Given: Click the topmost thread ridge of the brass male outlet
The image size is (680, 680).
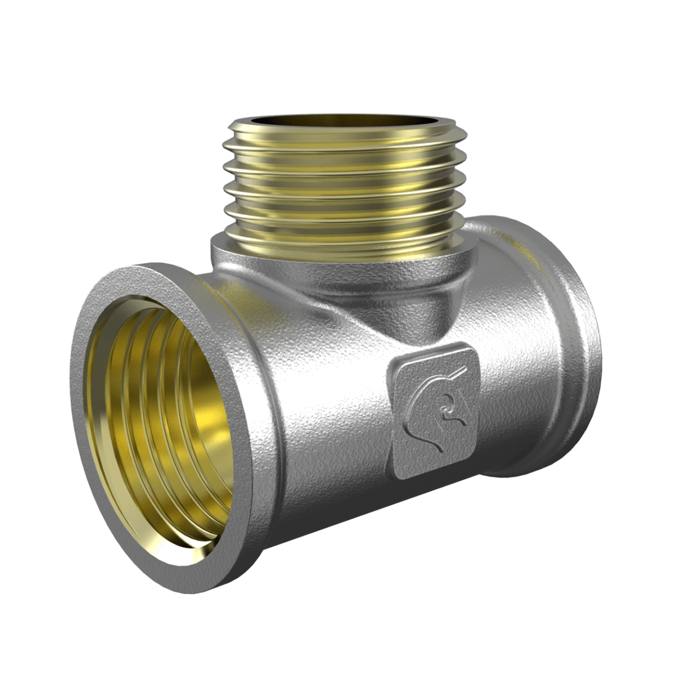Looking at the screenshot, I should [340, 139].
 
